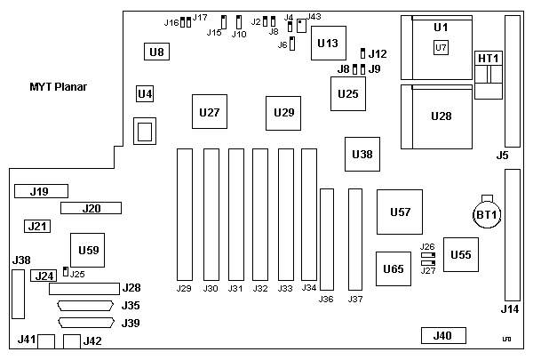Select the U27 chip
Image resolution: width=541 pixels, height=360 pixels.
pos(210,113)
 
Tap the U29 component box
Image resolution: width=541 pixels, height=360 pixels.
pos(283,113)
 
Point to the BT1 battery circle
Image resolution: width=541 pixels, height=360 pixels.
pos(486,215)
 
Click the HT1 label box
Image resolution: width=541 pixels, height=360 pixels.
pos(489,58)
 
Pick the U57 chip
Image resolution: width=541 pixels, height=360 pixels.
pos(399,212)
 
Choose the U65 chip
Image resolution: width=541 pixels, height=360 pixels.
pos(393,268)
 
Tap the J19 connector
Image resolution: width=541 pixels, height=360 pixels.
pos(38,191)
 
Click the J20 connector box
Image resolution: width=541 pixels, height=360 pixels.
pos(91,209)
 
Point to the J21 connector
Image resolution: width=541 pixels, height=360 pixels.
pos(36,227)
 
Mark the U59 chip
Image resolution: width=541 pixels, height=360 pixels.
pos(88,250)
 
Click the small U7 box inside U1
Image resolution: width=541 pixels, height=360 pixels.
pos(442,47)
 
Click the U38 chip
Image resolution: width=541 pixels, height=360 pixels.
pos(362,155)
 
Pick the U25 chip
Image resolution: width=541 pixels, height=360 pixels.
pos(348,93)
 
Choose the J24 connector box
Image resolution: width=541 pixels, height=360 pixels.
pos(44,276)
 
